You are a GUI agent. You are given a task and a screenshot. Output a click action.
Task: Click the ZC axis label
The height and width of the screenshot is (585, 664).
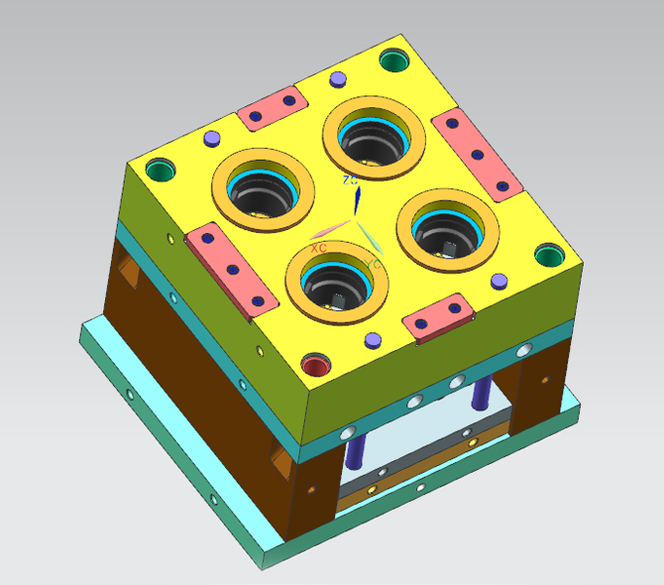350,180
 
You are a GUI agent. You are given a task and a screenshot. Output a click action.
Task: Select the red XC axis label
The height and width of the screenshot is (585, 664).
318,248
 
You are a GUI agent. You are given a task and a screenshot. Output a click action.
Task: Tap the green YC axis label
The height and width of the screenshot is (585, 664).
373,264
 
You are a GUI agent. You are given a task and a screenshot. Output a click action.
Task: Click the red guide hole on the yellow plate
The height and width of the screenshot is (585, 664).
316,367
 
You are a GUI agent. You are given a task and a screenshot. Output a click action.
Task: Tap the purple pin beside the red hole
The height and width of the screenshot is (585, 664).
374,340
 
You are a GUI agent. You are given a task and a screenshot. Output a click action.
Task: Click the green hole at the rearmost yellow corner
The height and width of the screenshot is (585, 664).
393,60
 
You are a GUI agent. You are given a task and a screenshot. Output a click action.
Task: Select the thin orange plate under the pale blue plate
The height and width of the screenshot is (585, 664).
416,487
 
